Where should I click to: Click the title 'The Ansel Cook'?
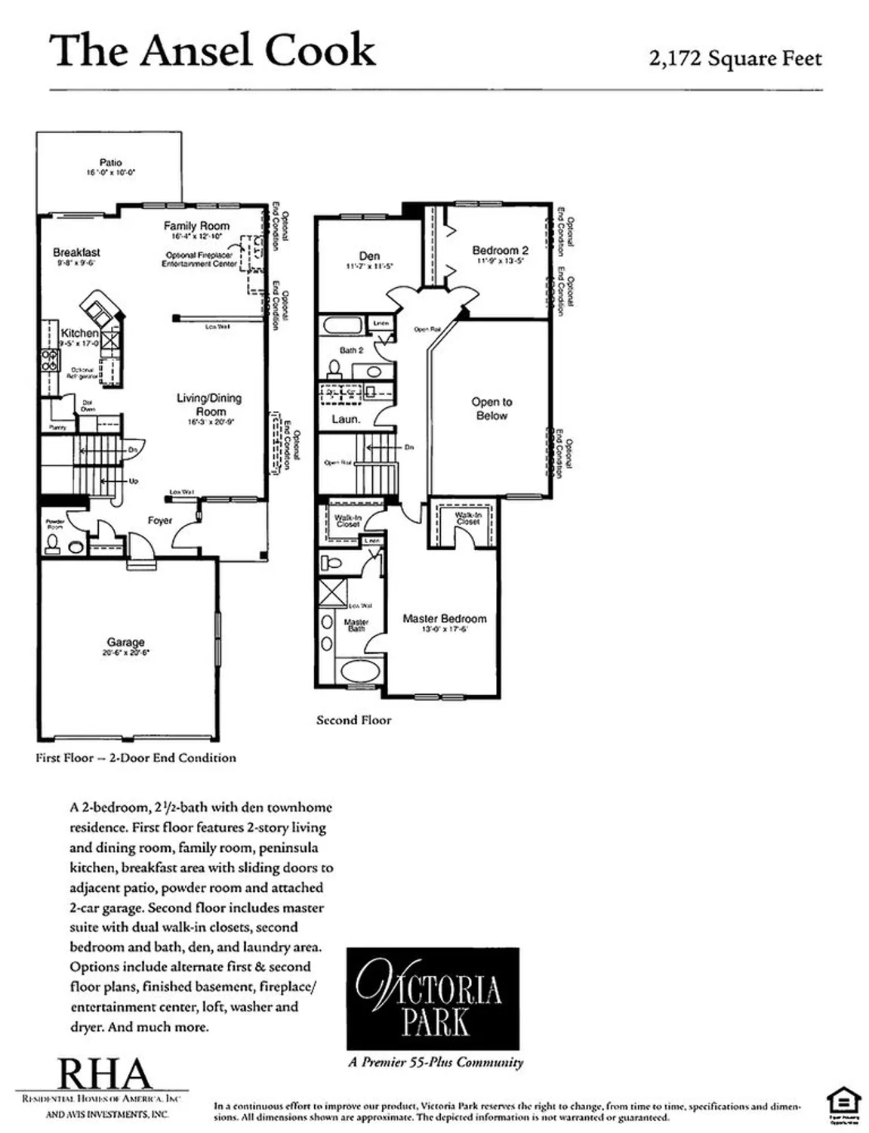point(212,51)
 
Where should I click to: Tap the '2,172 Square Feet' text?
point(735,58)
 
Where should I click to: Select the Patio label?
point(110,162)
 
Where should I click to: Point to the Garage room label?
point(125,642)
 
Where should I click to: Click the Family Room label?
point(196,226)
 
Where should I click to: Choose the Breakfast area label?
point(76,252)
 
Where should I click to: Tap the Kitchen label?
point(79,333)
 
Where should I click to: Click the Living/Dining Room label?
point(209,404)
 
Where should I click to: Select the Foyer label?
point(159,520)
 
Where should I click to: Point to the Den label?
point(369,256)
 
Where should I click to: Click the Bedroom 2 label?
point(500,250)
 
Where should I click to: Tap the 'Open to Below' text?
point(492,409)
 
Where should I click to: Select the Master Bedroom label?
point(444,619)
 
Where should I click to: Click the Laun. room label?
point(346,418)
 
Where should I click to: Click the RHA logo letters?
point(105,1074)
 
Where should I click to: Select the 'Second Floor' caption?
point(353,720)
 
